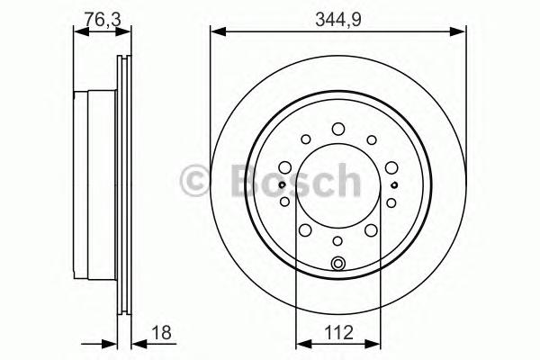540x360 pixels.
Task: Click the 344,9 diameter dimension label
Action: tap(338, 20)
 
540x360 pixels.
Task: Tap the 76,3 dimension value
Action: tap(103, 19)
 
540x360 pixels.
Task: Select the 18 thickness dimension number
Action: tap(161, 333)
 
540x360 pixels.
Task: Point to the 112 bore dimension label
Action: tap(339, 333)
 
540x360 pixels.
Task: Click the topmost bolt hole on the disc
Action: tap(338, 129)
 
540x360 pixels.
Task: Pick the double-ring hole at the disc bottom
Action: tap(337, 264)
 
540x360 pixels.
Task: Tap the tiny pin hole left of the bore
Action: tap(282, 184)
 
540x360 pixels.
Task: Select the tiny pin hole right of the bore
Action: tap(394, 185)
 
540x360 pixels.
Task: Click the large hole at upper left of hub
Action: tap(285, 167)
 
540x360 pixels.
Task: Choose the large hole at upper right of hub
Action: tap(391, 167)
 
